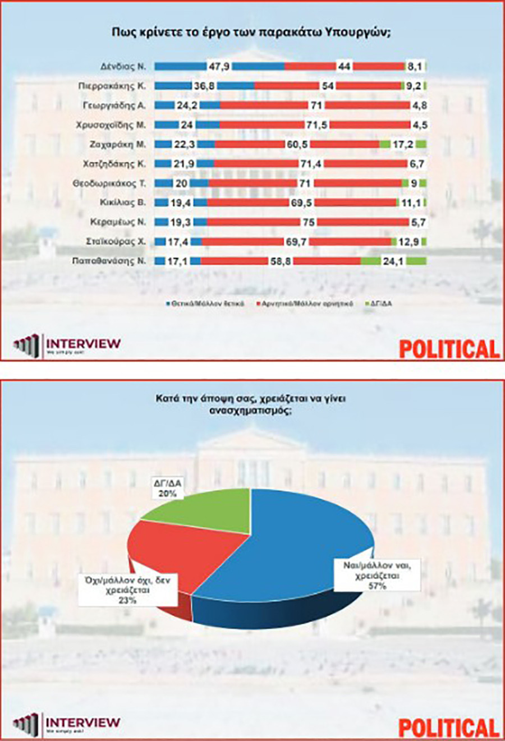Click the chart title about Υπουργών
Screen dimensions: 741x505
pos(251,32)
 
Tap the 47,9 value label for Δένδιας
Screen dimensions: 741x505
pos(219,66)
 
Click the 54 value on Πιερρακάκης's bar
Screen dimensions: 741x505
pos(327,86)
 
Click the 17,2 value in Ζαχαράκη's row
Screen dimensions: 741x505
pos(403,144)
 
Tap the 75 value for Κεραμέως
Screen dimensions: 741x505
pos(309,222)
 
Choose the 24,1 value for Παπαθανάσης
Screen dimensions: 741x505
pos(393,261)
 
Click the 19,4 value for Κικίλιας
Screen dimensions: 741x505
pos(181,202)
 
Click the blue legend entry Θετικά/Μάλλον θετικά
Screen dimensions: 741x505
pos(205,303)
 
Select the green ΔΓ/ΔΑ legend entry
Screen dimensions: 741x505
pos(382,303)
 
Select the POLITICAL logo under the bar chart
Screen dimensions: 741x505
pos(449,348)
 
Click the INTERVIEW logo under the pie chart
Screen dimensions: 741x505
pos(67,724)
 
